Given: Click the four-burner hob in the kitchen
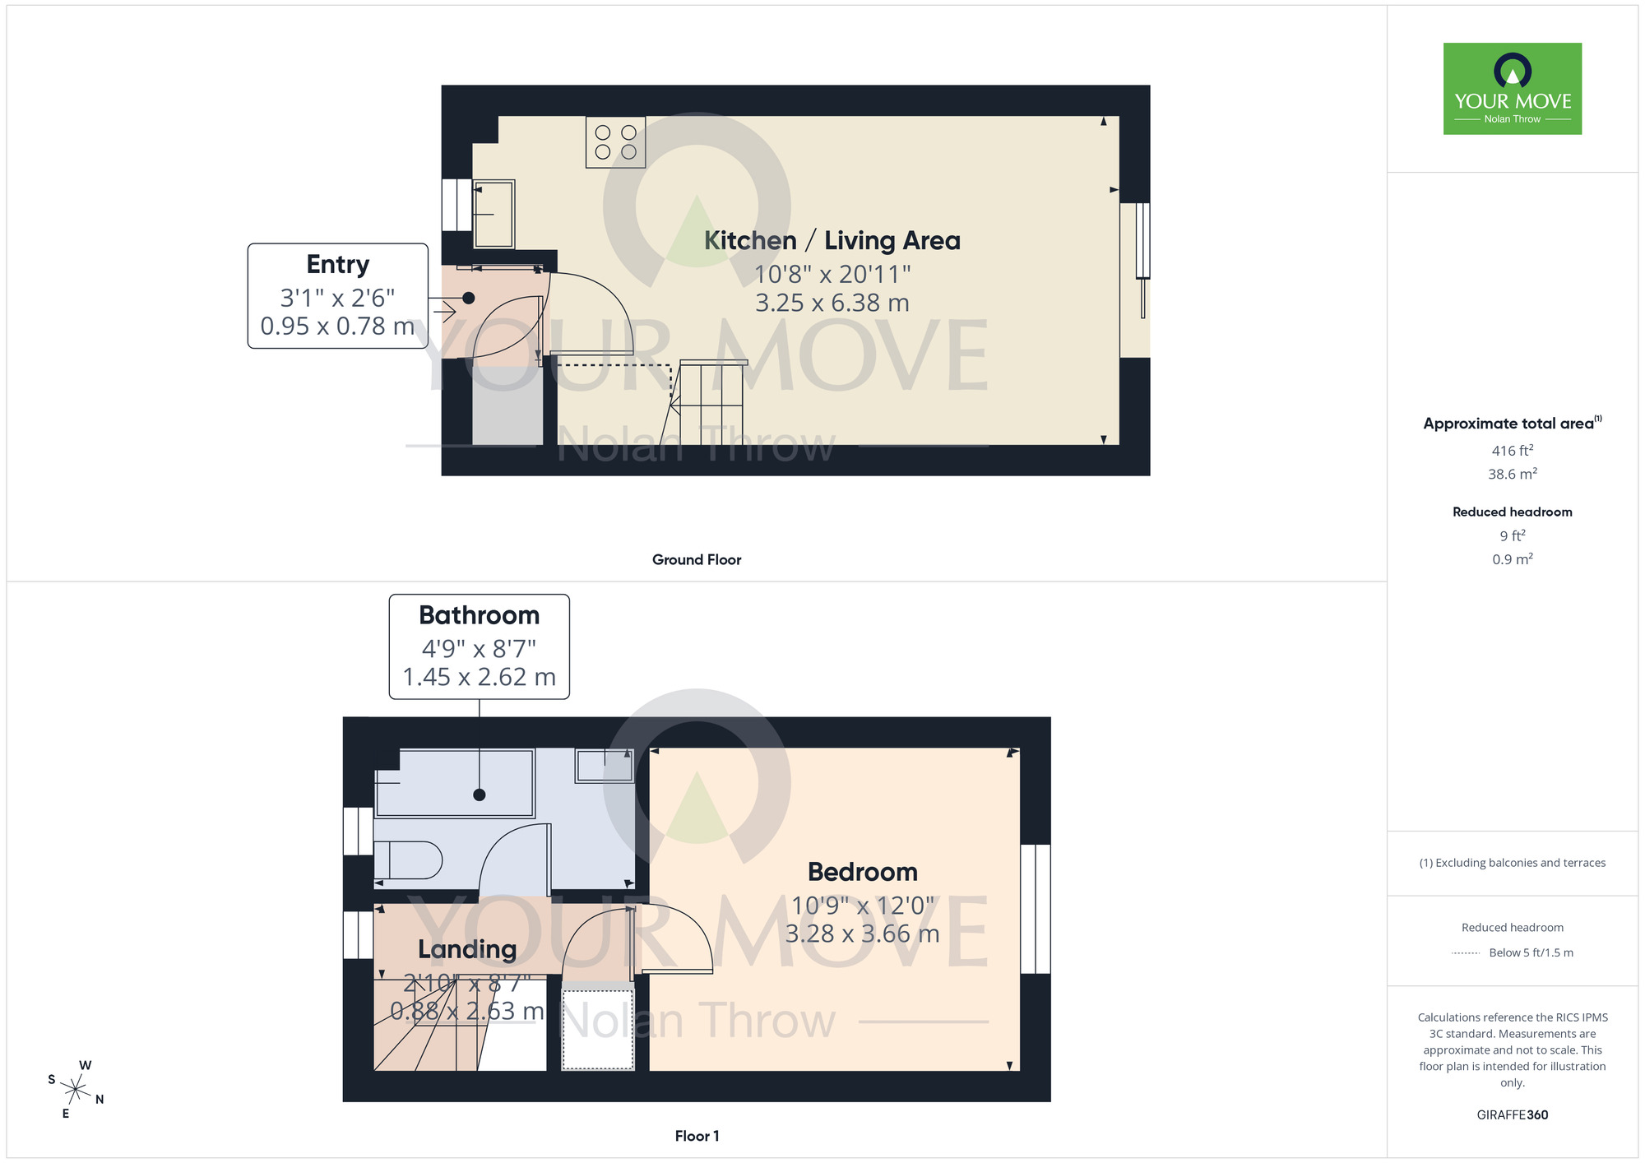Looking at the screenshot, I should tap(615, 142).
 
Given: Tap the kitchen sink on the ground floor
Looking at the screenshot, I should tap(493, 214).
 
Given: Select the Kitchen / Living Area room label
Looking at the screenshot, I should tap(832, 240).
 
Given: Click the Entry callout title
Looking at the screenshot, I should tap(337, 264).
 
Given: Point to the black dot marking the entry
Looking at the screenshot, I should tap(468, 298).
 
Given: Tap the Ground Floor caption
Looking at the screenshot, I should tap(696, 559).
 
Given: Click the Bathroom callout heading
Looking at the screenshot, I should tap(479, 615).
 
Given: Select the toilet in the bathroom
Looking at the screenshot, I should tap(410, 860).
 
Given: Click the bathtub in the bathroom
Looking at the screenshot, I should tap(455, 782).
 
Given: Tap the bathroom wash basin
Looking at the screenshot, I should tap(605, 767).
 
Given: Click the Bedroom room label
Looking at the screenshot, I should tap(862, 872).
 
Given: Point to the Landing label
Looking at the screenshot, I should tap(466, 949).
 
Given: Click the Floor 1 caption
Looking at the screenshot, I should tap(696, 1136).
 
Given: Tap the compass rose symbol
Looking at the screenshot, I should tap(76, 1090).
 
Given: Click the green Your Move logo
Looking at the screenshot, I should tap(1512, 89).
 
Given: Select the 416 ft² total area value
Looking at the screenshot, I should tap(1512, 451).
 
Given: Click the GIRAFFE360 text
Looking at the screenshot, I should tap(1512, 1115).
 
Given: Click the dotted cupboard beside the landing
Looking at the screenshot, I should tap(597, 1029).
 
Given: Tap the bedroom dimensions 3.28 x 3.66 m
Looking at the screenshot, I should tap(862, 934).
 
